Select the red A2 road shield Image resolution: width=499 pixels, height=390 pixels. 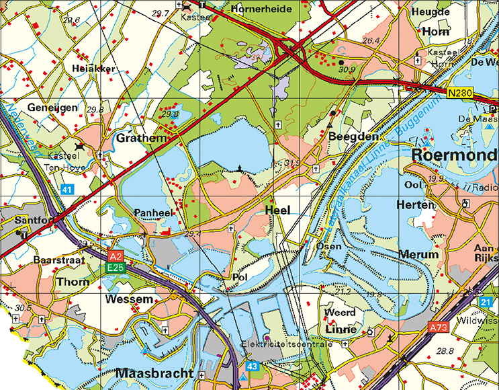(x=116, y=257)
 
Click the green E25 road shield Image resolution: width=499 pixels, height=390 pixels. (x=116, y=268)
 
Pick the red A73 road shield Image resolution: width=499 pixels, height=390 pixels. (x=437, y=327)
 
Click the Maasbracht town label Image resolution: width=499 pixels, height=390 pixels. (x=154, y=373)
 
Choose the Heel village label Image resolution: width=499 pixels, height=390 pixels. (x=277, y=210)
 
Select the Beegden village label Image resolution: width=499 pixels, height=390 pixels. (x=346, y=136)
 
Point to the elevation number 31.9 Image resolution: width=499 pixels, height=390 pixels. (x=292, y=163)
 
